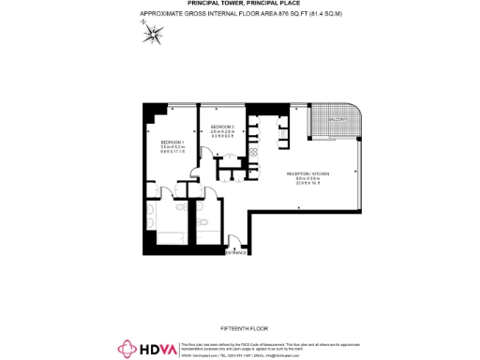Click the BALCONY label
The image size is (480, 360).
coord(337,120)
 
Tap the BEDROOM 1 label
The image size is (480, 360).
coord(172,142)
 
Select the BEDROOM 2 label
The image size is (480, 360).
coord(222,127)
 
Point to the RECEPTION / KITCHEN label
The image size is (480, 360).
coord(307,173)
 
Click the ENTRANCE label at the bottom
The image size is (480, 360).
coord(236,252)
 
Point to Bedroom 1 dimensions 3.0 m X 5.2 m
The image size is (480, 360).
coord(172,147)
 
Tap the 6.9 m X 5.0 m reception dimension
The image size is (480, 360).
coord(307,179)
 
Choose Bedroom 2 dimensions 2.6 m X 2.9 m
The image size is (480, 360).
coord(222,132)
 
